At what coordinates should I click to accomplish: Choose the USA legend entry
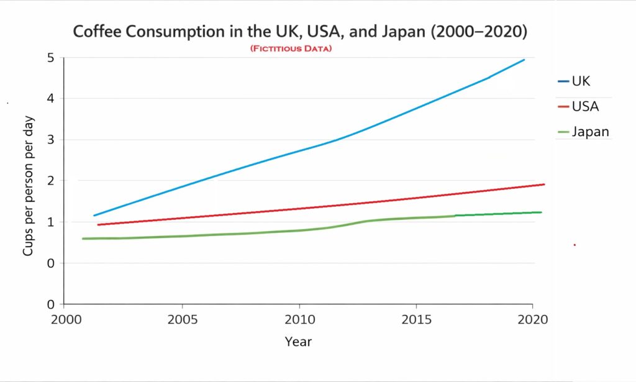(x=584, y=107)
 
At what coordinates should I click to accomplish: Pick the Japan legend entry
(x=589, y=132)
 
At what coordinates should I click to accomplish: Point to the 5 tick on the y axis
(x=50, y=58)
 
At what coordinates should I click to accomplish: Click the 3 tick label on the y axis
(x=50, y=140)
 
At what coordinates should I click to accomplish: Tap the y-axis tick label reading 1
(x=50, y=222)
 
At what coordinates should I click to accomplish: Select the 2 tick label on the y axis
(x=50, y=181)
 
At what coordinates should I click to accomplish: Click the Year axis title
(x=298, y=342)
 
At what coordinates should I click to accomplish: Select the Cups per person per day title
(x=29, y=186)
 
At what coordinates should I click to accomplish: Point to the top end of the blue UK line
(x=524, y=60)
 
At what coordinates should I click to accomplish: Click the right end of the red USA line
(x=544, y=184)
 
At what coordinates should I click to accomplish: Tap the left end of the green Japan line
(x=83, y=239)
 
